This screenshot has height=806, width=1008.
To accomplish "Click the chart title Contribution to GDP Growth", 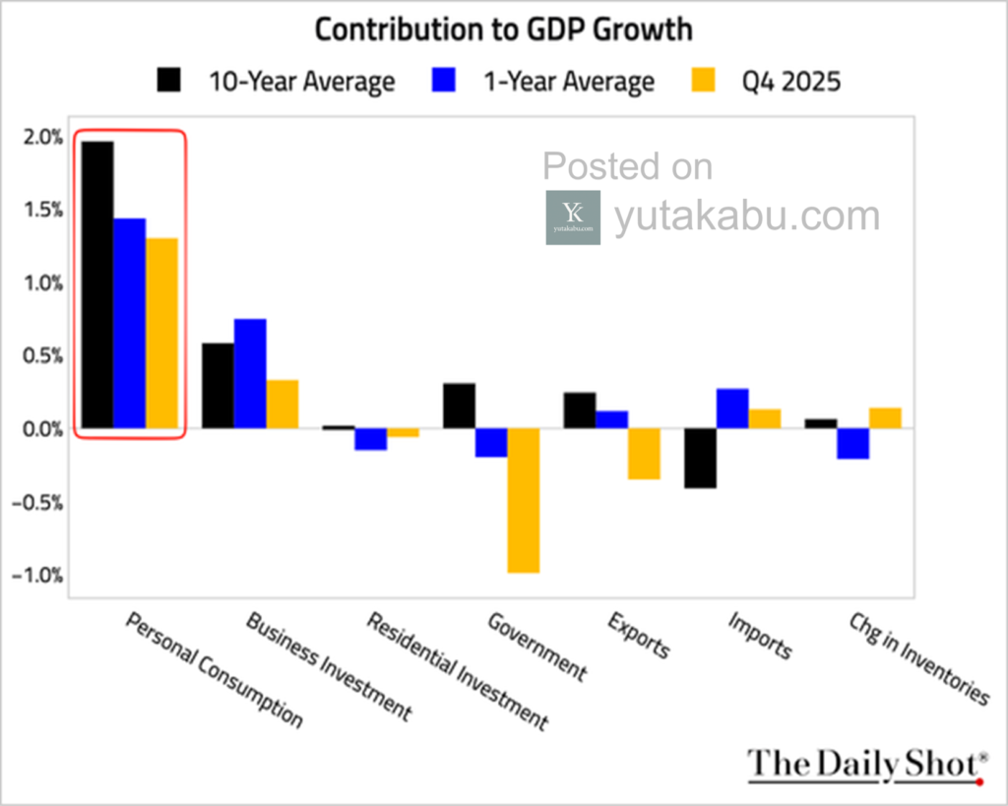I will tap(503, 29).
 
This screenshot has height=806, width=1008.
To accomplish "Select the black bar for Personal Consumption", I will tap(97, 284).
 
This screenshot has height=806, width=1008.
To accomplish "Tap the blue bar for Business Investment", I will tap(250, 373).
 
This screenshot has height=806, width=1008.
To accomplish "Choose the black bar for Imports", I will tap(700, 458).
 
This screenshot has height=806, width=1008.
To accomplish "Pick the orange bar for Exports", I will tap(644, 454).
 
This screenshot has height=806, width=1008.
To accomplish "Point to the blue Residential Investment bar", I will tap(370, 439).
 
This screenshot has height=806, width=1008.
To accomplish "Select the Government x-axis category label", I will tap(536, 647).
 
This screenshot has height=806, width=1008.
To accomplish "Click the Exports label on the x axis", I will tap(639, 636).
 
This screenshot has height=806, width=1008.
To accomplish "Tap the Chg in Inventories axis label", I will tap(918, 660).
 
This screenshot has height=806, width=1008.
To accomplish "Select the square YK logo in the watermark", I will tap(573, 217).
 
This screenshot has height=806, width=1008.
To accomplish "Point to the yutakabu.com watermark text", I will tap(746, 217).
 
